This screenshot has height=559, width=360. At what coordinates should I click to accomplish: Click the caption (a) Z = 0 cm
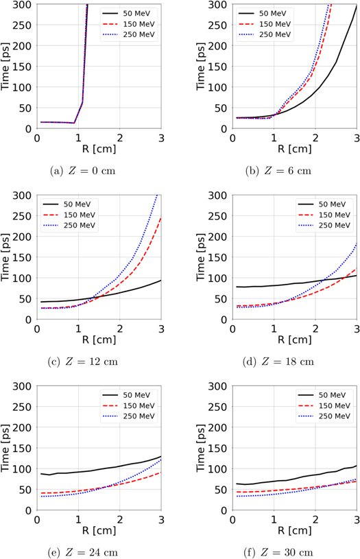[x=93, y=171]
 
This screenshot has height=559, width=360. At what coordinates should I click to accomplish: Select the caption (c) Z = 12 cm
[x=93, y=361]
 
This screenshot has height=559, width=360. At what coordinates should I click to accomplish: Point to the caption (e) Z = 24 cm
[x=93, y=552]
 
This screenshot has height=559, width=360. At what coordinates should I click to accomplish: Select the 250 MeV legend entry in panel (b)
[x=278, y=34]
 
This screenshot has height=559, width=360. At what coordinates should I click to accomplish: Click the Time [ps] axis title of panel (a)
[x=8, y=66]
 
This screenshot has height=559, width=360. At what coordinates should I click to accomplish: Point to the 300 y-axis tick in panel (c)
[x=23, y=195]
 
